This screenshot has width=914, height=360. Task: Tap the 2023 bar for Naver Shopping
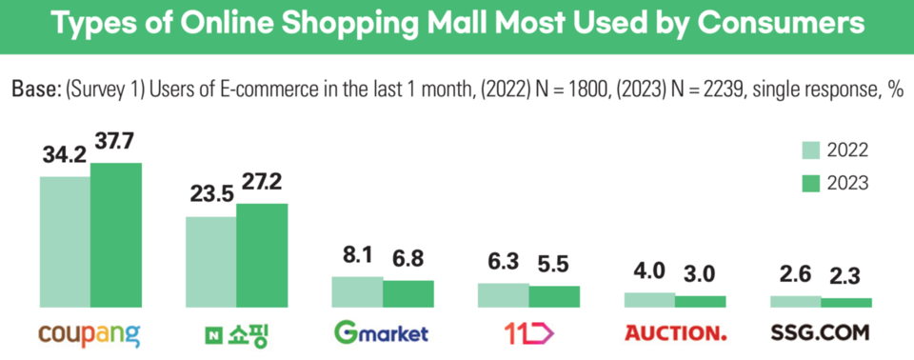coord(262,255)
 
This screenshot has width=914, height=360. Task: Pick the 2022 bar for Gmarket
coord(357,292)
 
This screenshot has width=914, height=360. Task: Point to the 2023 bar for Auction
coord(701,302)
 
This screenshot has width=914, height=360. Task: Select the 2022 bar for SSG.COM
coord(795,302)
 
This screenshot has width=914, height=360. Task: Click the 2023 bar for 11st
coord(554,297)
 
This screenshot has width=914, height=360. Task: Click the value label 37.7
coord(115,143)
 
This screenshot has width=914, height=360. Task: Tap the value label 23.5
coord(210,195)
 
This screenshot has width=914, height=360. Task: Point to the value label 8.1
coord(357,256)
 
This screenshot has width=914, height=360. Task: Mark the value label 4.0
coord(649,270)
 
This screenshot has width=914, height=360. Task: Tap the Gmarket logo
coord(382,333)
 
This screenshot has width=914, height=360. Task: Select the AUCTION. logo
coord(675,333)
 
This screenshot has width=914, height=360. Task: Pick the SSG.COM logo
coord(821,333)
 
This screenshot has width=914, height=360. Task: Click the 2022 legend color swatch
coord(811,150)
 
